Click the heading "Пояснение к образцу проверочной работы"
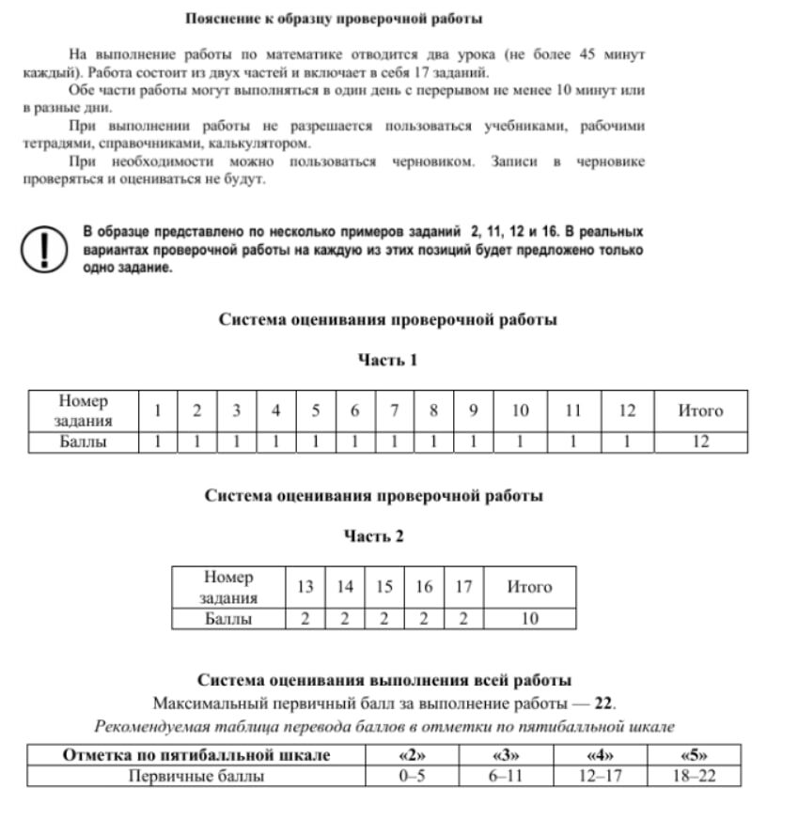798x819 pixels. pyautogui.click(x=334, y=19)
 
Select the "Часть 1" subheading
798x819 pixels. pyautogui.click(x=386, y=360)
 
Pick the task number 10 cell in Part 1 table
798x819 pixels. pyautogui.click(x=520, y=410)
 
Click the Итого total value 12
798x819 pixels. pyautogui.click(x=700, y=441)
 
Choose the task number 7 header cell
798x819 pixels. pyautogui.click(x=395, y=410)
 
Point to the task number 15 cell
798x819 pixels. pyautogui.click(x=384, y=587)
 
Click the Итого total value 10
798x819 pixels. pyautogui.click(x=528, y=619)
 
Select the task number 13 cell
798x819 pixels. pyautogui.click(x=305, y=587)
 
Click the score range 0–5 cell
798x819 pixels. pyautogui.click(x=412, y=777)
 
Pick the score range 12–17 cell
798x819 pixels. pyautogui.click(x=600, y=777)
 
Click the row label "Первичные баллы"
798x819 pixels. pyautogui.click(x=196, y=777)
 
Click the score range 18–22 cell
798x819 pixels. pyautogui.click(x=694, y=777)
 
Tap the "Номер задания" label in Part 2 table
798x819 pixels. pyautogui.click(x=228, y=587)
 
